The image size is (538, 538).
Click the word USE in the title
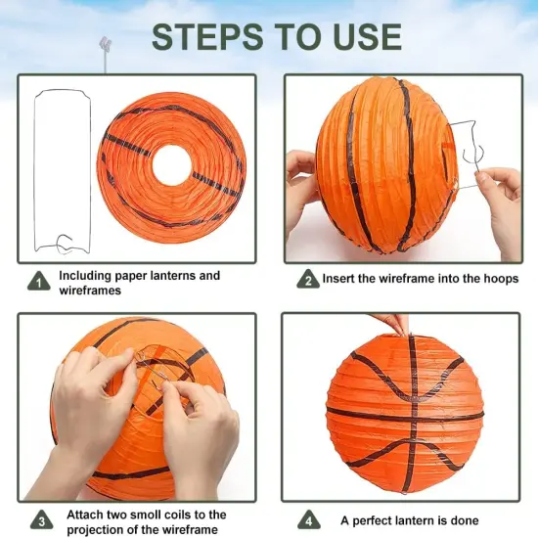361,36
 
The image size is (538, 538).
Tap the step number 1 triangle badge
39,282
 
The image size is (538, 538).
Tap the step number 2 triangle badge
308,280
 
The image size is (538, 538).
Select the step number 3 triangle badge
39,519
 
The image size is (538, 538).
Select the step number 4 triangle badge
308,519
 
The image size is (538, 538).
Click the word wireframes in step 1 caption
90,291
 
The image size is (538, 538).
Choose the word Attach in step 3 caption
86,515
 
